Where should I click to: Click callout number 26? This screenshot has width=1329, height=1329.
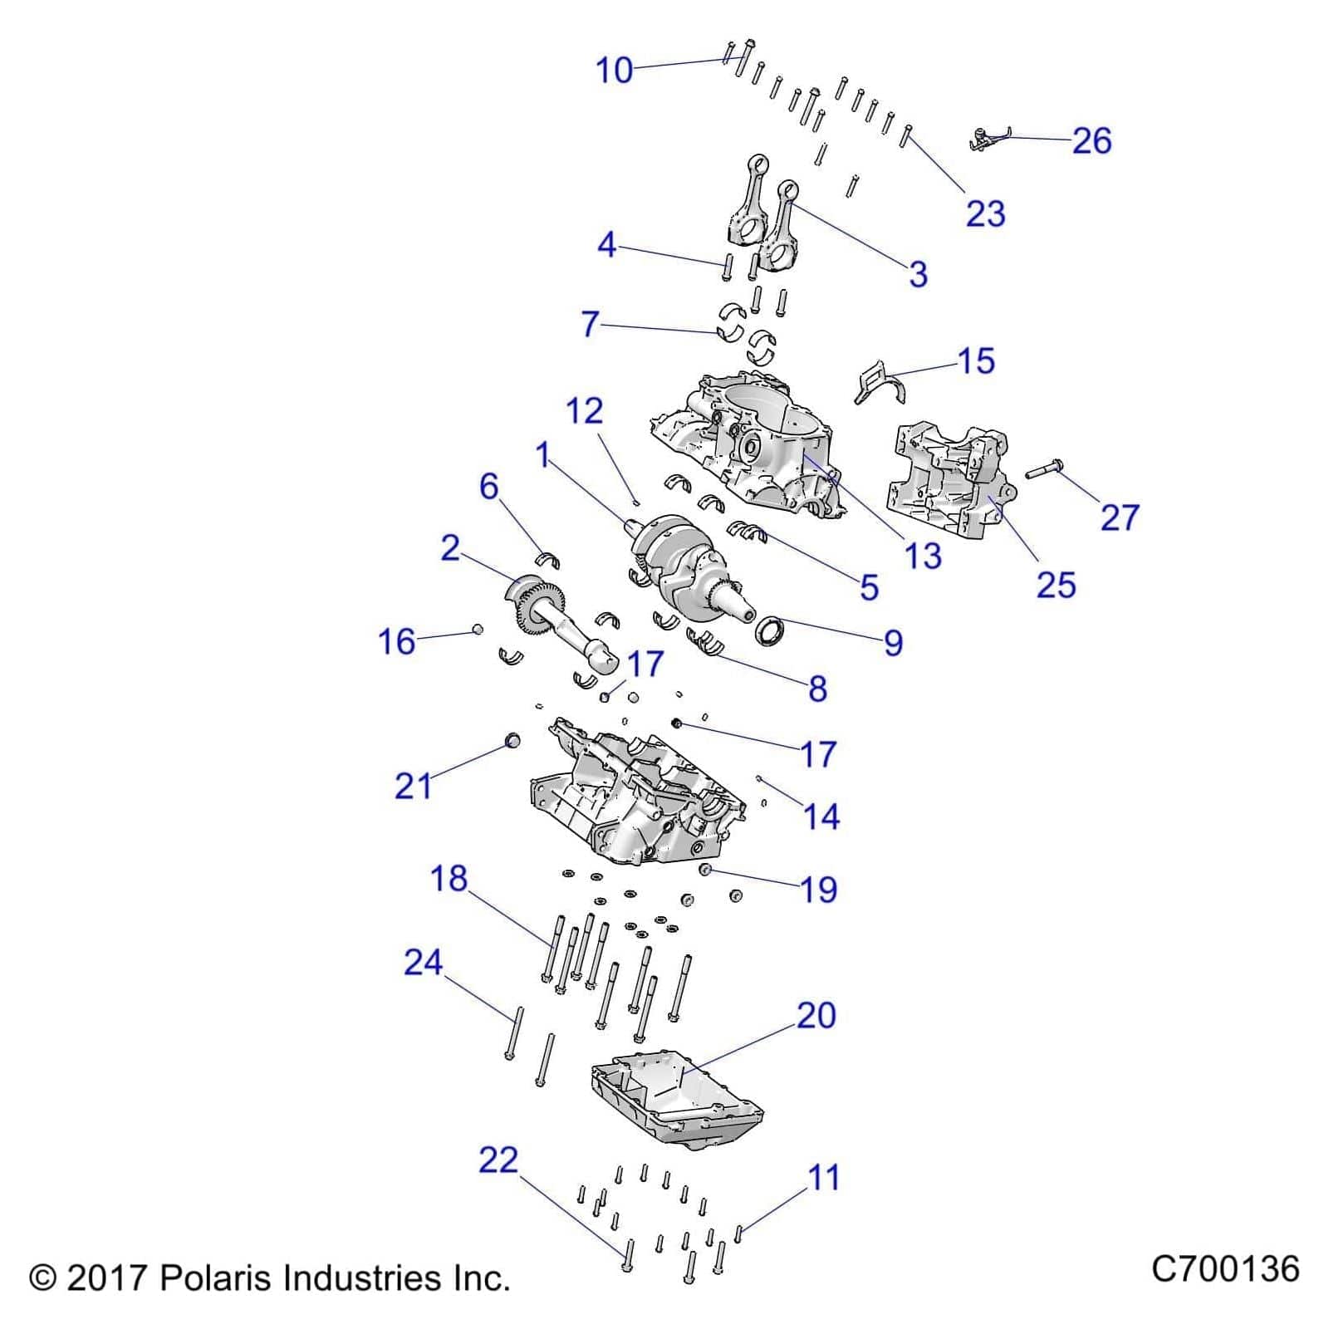tap(1091, 141)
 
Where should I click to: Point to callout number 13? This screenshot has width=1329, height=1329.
tap(923, 556)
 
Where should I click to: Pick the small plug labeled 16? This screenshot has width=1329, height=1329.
tap(478, 630)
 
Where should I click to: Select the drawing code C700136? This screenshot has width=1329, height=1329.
tap(1225, 1270)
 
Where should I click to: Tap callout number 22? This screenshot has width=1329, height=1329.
tap(498, 1160)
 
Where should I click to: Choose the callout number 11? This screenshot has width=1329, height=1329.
tap(824, 1178)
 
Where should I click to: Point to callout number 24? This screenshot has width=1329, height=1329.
tap(424, 963)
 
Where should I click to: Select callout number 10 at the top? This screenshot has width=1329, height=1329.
tap(615, 71)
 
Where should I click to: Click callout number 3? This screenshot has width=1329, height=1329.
tap(918, 274)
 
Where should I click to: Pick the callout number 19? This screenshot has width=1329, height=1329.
tap(818, 890)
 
